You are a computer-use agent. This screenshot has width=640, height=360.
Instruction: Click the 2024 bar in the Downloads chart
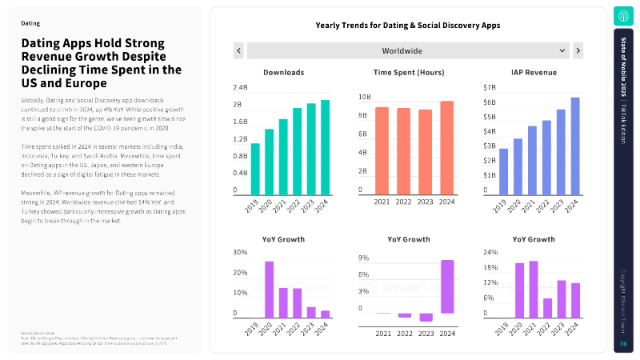(325, 147)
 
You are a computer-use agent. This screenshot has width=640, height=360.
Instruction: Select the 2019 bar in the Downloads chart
(255, 169)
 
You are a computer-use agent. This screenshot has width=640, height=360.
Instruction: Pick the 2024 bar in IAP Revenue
(574, 146)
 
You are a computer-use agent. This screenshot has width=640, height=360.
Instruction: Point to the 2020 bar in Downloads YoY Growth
(270, 290)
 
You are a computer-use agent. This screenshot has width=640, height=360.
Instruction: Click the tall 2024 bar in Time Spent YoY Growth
(447, 286)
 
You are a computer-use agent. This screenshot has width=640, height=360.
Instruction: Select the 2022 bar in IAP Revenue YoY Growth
(546, 308)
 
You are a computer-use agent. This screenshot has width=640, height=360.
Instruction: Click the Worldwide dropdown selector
(408, 50)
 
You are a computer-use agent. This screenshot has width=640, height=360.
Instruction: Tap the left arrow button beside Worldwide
(238, 50)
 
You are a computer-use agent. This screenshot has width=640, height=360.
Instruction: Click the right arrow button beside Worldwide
(578, 50)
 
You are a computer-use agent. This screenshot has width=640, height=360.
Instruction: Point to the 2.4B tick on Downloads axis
(240, 87)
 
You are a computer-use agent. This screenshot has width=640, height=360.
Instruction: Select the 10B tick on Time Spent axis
(364, 98)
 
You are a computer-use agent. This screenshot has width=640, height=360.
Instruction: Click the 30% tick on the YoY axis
(240, 253)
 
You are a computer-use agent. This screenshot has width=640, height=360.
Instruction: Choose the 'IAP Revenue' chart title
(534, 73)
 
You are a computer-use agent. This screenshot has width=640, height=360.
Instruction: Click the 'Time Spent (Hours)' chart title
(409, 73)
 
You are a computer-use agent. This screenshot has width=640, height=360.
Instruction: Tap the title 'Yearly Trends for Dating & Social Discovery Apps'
(408, 26)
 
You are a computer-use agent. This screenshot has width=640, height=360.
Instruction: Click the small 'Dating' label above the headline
(30, 23)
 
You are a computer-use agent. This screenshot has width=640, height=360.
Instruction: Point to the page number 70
(622, 344)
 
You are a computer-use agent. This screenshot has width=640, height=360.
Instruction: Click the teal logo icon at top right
(622, 15)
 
